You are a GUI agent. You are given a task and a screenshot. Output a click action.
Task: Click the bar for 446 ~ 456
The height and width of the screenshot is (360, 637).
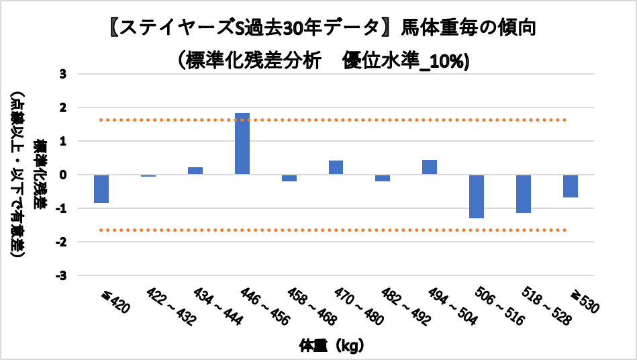[242, 144]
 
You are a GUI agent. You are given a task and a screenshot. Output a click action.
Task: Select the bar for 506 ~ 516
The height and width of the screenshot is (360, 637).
[477, 196]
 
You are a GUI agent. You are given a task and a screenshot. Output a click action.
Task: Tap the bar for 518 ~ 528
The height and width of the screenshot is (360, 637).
[524, 193]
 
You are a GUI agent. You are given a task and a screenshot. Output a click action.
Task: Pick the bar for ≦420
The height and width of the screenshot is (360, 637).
[101, 189]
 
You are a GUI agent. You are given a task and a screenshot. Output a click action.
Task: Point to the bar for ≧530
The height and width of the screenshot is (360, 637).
[571, 186]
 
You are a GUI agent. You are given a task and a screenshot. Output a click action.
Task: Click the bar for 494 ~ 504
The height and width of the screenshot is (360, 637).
[430, 167]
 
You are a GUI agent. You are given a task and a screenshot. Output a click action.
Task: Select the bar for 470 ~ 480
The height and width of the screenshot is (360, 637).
[336, 167]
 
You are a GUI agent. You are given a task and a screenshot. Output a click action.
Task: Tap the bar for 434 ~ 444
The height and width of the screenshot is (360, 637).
[195, 171]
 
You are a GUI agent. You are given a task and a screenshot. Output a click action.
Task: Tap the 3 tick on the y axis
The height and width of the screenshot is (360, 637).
[63, 74]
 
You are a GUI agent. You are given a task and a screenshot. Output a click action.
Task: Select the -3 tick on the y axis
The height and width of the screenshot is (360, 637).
[61, 275]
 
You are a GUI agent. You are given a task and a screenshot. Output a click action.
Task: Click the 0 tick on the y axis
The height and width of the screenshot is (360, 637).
[63, 175]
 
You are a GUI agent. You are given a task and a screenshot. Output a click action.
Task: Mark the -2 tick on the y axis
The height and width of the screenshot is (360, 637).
[61, 242]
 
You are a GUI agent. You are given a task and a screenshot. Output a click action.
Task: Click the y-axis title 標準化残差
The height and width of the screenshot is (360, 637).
[41, 175]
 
